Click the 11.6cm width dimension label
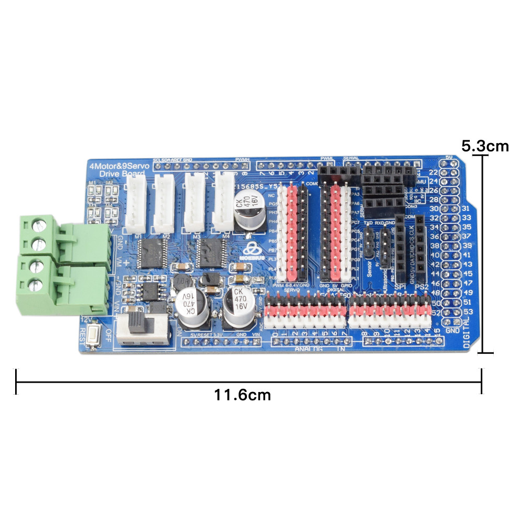243,395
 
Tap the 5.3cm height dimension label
485,146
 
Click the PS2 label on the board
422,287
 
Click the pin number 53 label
454,312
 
